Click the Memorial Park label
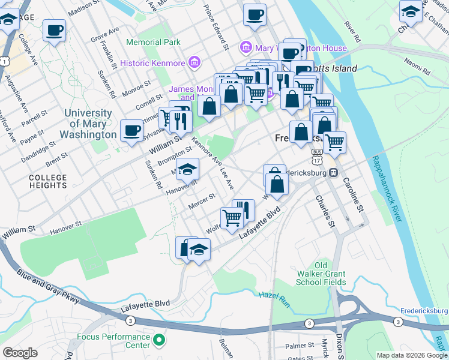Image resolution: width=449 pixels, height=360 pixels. [x=153, y=43]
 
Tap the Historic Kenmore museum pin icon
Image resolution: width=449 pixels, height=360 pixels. [x=194, y=62]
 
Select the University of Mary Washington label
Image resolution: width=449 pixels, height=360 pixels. [x=88, y=124]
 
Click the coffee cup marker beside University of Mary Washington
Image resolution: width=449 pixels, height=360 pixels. [x=131, y=131]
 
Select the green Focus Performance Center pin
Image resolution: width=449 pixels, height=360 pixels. [x=159, y=341]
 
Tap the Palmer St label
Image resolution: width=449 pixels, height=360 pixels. [x=300, y=346]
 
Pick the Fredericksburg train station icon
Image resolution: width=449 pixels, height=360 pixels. [x=333, y=172]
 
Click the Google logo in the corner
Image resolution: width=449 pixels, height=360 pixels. [x=20, y=353]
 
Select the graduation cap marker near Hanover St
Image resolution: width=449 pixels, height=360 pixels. [x=188, y=170]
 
